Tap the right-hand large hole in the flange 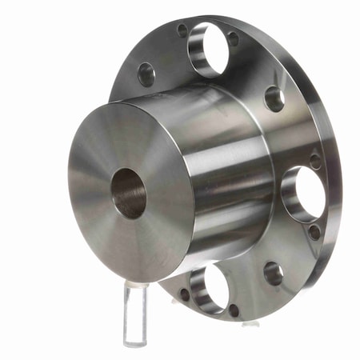pyautogui.click(x=303, y=193)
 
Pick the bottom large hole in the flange pyautogui.click(x=207, y=288)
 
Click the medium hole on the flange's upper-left pyautogui.click(x=146, y=74)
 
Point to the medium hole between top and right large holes pyautogui.click(x=274, y=98)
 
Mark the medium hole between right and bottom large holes pyautogui.click(x=273, y=273)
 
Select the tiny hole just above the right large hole pyautogui.click(x=315, y=160)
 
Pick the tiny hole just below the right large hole pyautogui.click(x=314, y=231)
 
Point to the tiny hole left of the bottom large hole pyautogui.click(x=184, y=294)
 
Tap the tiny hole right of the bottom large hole pyautogui.click(x=234, y=309)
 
